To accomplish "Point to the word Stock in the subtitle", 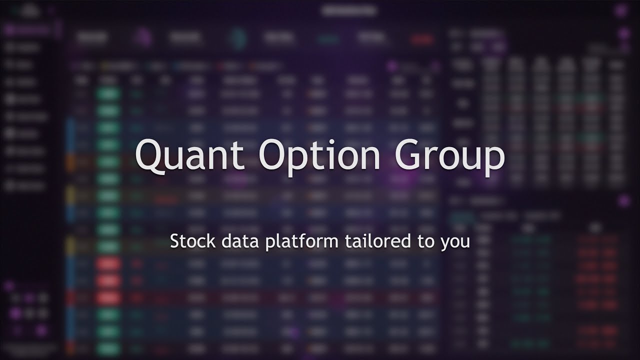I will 186,241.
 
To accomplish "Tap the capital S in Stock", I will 174,241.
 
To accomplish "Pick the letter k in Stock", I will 199,241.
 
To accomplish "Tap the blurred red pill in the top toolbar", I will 421,39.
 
